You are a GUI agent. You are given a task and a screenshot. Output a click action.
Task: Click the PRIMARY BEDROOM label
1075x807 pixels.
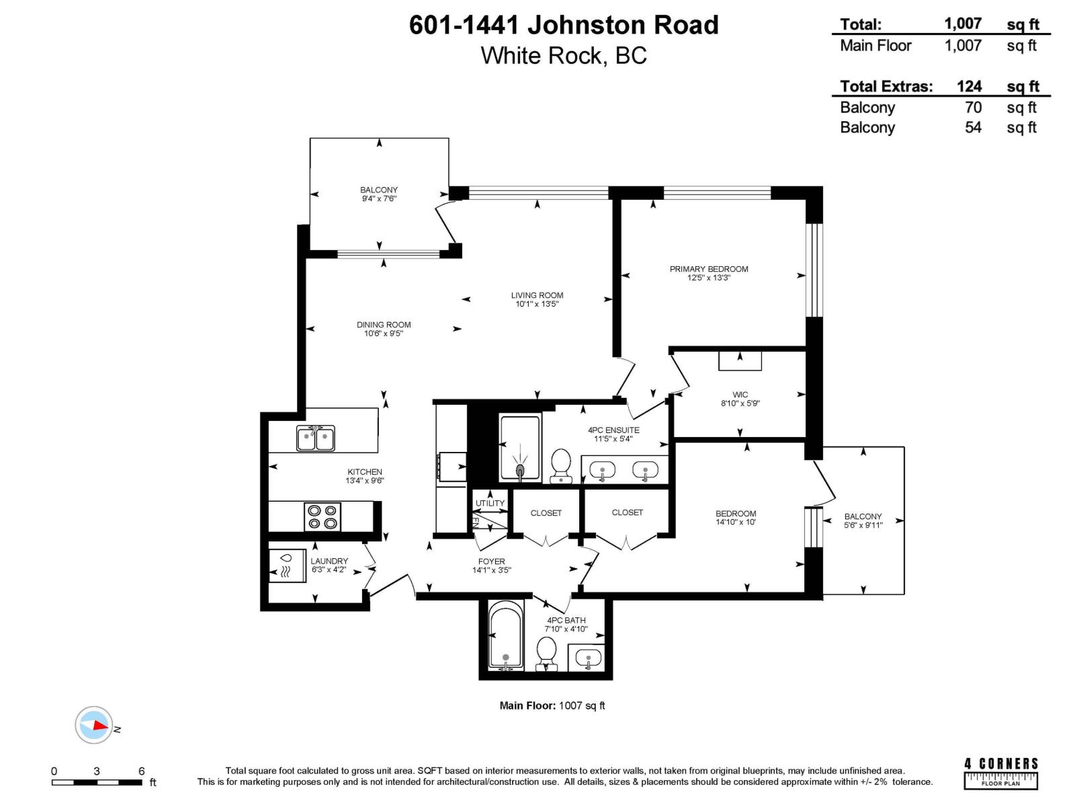coord(708,268)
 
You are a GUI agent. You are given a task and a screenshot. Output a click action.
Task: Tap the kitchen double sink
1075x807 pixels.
coord(316,438)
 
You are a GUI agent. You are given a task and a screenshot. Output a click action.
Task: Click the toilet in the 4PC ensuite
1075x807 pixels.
coord(561,465)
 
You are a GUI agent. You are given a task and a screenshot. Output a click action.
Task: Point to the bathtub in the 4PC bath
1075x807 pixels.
coord(505,636)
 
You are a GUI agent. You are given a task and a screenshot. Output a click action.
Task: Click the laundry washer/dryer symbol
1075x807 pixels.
coord(286,566)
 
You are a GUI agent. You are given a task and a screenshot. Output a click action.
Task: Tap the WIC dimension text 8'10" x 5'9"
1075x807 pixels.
coord(740,403)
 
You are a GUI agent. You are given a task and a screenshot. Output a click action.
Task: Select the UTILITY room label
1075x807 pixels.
coord(490,503)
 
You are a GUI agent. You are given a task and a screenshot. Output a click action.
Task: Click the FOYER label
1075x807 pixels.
coord(491,561)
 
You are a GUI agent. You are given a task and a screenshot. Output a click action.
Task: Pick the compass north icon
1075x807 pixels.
coord(94,725)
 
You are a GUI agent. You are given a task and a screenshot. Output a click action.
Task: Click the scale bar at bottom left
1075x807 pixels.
coord(97,782)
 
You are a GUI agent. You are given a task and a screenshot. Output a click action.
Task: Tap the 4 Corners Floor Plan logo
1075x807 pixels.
coord(1001,773)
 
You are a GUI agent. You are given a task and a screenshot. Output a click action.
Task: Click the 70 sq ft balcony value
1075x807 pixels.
coord(972,108)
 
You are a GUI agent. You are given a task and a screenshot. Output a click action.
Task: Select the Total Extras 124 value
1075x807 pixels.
coord(969,86)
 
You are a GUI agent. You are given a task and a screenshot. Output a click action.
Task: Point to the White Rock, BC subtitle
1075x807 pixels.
coord(563,55)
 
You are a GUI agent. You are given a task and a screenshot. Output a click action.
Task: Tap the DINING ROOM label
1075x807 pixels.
coord(384,324)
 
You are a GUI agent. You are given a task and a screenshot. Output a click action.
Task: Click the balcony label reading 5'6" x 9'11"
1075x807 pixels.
coord(863,525)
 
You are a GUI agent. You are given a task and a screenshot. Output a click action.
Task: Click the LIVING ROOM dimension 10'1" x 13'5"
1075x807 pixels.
coord(537,304)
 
